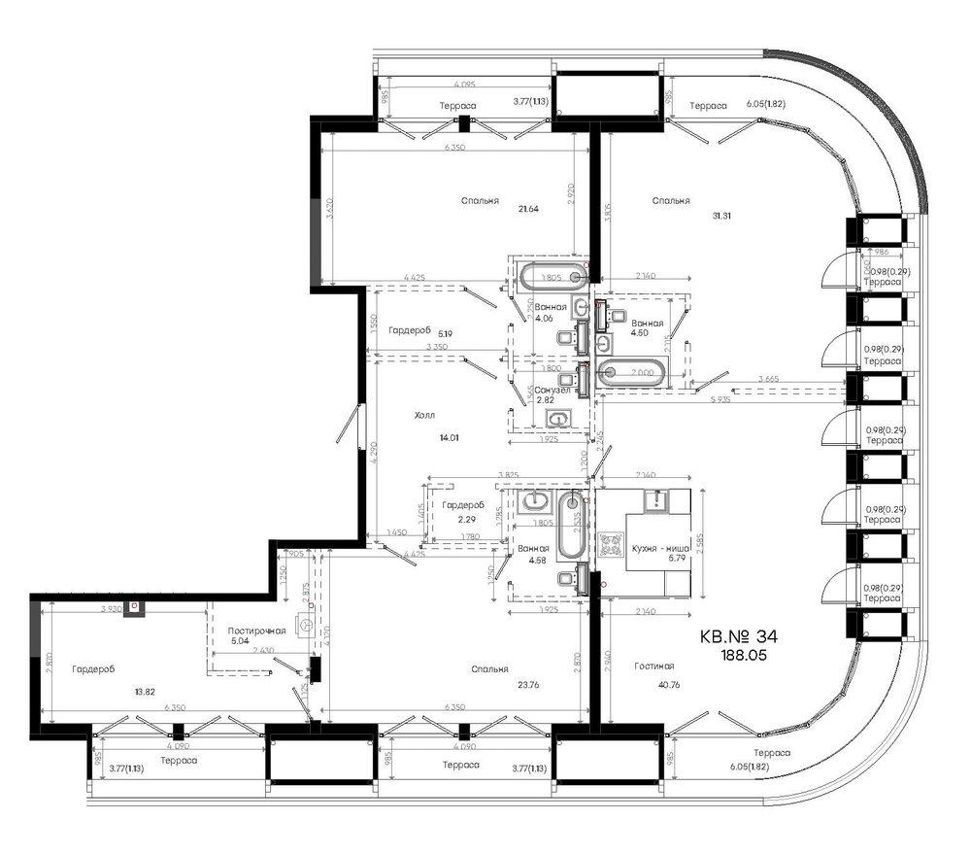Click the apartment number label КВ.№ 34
coord(739,636)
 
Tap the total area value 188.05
coord(741,657)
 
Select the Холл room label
coord(424,415)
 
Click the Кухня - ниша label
coord(659,549)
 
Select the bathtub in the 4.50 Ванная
coord(632,371)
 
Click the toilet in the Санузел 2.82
coord(559,420)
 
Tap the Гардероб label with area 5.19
coord(409,330)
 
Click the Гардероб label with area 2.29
coord(463,505)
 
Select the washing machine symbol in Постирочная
coord(309,627)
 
